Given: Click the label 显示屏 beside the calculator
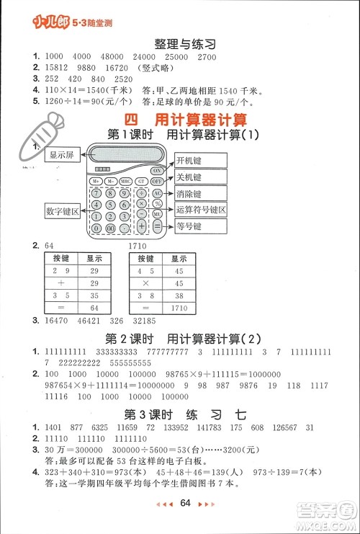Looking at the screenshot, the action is pyautogui.click(x=60, y=155).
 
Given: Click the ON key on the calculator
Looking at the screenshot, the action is pyautogui.click(x=156, y=170).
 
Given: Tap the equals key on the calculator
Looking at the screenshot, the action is pyautogui.click(x=157, y=227).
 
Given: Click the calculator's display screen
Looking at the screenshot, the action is pyautogui.click(x=126, y=155).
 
